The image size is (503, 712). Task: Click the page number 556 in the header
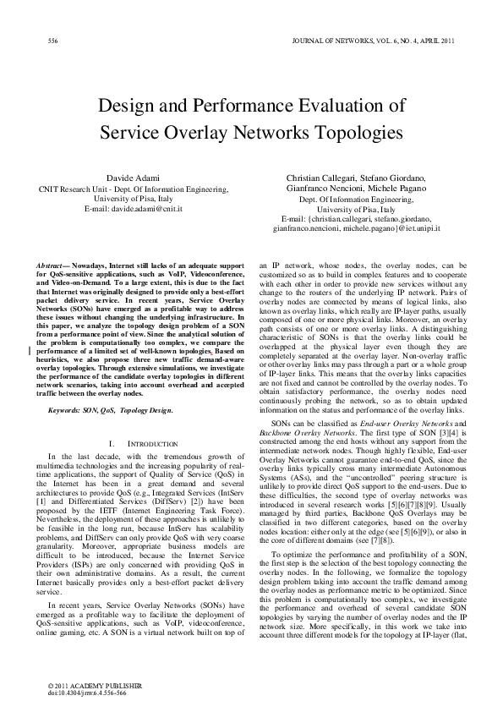(52, 40)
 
